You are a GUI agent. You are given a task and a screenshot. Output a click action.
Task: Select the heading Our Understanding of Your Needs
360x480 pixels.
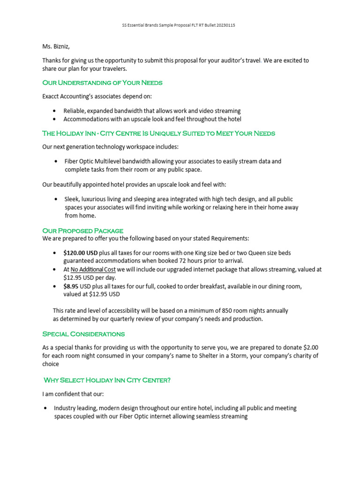102,82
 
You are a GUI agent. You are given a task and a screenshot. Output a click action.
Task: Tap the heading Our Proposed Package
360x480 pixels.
82,231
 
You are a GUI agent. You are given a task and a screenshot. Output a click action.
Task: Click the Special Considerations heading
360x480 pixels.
83,334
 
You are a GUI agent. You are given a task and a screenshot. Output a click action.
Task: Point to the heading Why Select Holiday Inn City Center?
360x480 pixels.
107,380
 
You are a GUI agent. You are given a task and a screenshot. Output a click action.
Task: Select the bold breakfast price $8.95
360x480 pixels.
71,286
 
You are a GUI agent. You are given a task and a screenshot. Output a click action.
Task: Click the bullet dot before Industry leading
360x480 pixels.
45,408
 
